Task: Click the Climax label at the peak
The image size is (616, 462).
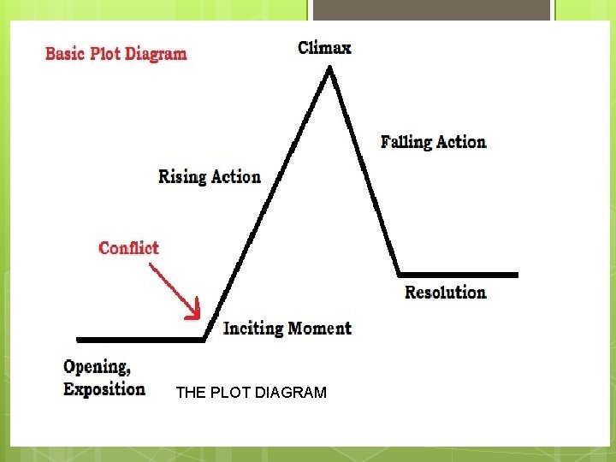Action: point(324,48)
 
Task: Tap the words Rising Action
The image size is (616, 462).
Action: point(210,177)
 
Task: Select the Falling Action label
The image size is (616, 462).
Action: point(433,142)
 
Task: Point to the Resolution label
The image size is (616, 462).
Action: point(445,293)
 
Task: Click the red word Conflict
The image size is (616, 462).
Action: point(128,248)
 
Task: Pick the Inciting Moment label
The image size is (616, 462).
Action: point(287,329)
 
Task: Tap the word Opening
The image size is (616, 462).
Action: point(97,368)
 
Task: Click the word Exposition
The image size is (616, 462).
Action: point(104,389)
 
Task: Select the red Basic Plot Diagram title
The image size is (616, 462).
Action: point(115,54)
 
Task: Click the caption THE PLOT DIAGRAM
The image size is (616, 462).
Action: point(251,394)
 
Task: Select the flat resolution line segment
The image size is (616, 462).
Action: point(458,275)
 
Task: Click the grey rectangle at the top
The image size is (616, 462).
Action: point(431,9)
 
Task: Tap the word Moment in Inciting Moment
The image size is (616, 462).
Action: point(319,329)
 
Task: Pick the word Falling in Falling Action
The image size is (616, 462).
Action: point(406,142)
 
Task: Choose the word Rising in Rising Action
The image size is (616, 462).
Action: point(182,177)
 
